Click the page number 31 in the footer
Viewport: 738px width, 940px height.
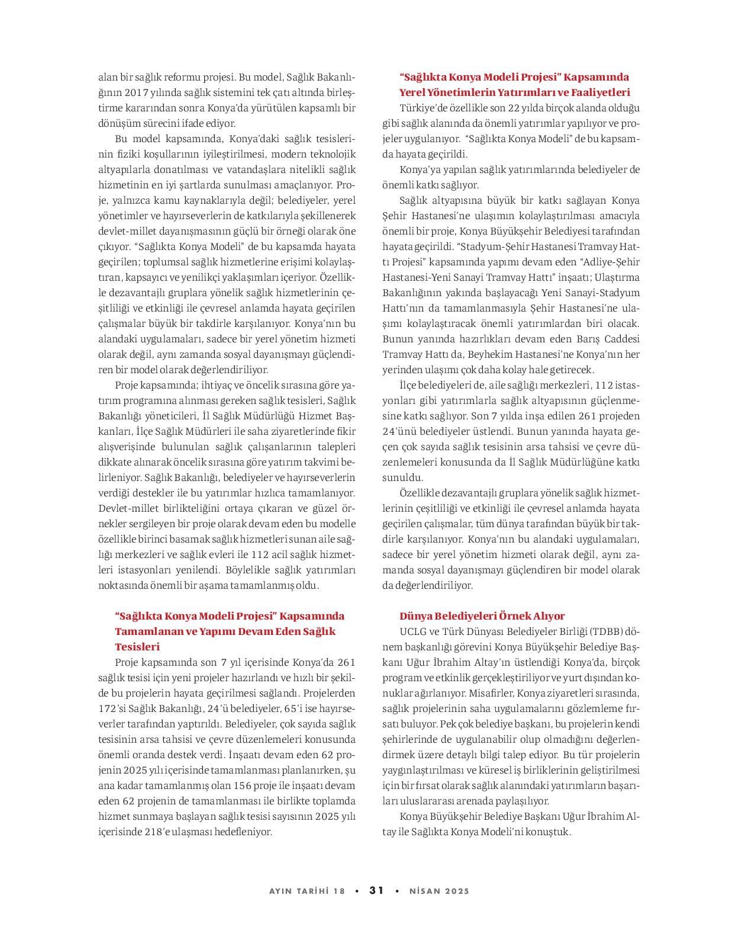point(377,890)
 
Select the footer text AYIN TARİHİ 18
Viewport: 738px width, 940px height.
point(307,891)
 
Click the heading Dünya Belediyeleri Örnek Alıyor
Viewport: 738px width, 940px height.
point(482,616)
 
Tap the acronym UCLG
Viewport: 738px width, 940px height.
point(412,631)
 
